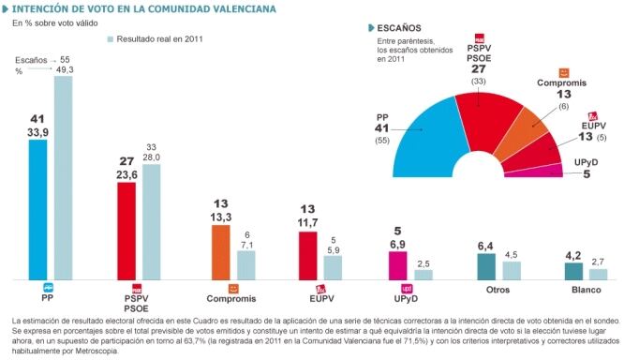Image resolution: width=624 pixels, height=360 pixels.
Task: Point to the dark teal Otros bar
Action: click(486, 267)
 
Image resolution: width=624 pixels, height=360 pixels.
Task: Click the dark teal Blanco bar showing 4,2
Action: click(573, 271)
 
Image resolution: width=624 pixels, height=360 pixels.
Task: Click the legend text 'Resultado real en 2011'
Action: click(160, 38)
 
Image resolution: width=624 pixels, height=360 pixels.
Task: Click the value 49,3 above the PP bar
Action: click(65, 68)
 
